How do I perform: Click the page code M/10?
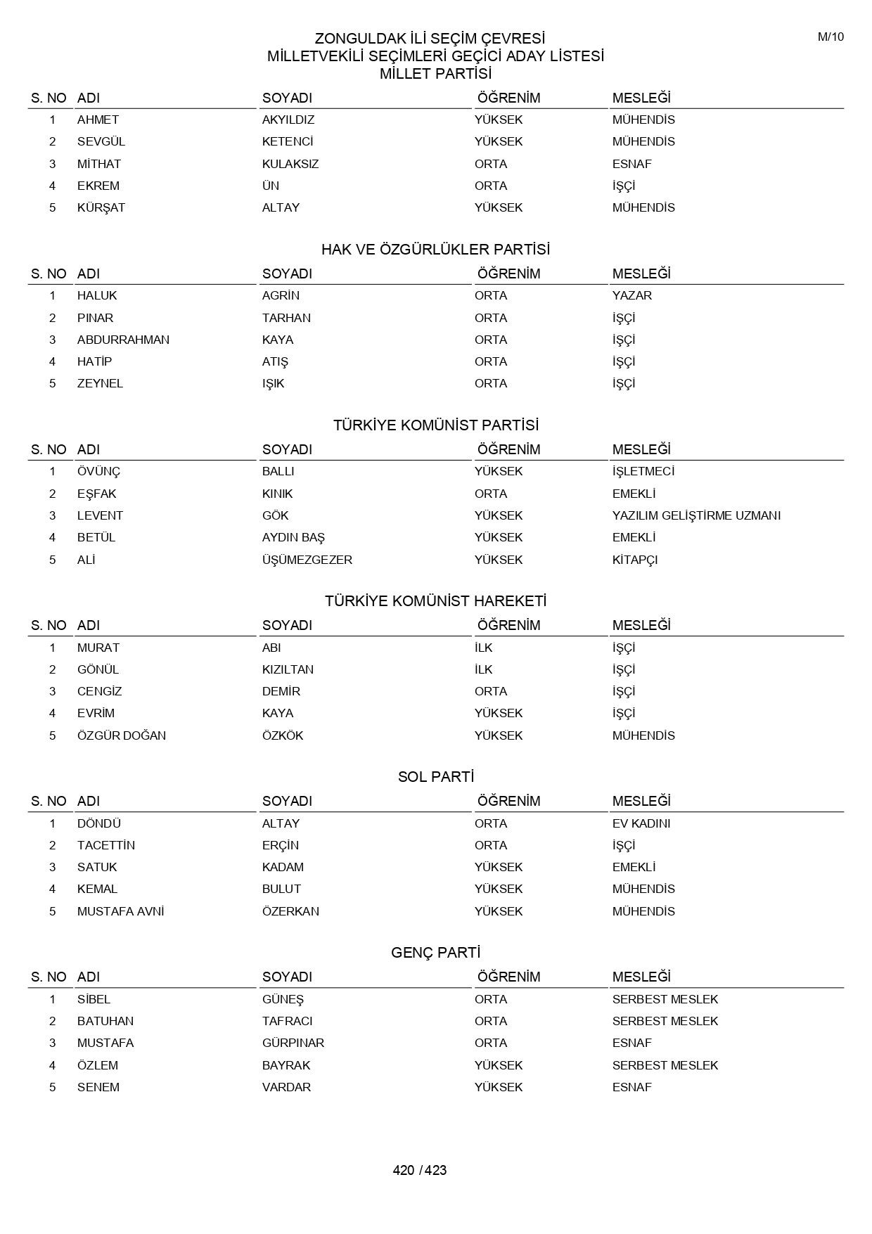(831, 37)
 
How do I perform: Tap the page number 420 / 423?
(420, 1170)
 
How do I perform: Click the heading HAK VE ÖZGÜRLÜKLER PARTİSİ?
(435, 250)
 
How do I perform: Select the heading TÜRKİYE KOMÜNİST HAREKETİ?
(435, 601)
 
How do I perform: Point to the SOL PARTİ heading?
(435, 777)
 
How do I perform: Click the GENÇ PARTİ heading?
(435, 953)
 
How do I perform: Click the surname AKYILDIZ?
(288, 120)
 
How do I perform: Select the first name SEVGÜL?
(101, 142)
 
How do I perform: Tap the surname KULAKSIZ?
(290, 164)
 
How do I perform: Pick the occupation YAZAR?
(631, 296)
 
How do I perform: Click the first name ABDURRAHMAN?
(123, 340)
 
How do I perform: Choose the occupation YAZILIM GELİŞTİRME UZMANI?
(696, 515)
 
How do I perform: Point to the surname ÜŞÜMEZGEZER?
(307, 560)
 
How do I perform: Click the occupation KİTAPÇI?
(635, 560)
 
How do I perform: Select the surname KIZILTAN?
(288, 669)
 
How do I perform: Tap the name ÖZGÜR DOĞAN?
(122, 735)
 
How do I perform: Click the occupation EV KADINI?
(641, 823)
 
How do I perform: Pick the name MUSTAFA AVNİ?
(120, 911)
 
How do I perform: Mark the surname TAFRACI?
(287, 1021)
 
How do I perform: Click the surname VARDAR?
(286, 1087)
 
